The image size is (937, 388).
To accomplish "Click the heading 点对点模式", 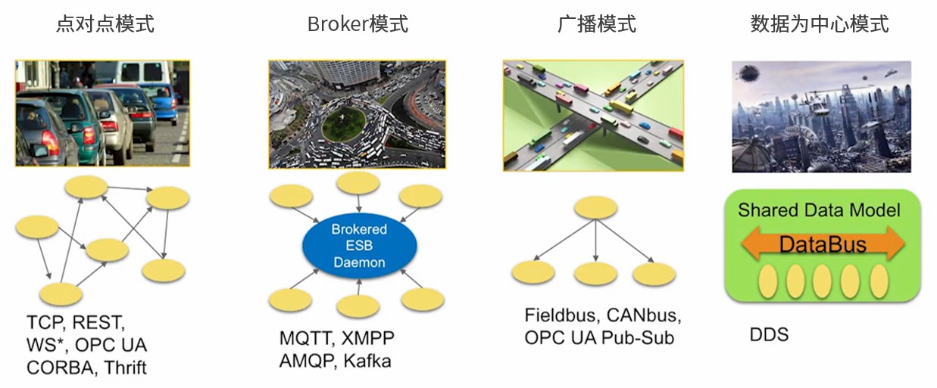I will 105,24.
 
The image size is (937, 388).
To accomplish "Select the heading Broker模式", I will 358,24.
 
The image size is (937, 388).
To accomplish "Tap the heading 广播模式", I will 596,24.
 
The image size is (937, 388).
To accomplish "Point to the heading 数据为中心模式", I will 819,24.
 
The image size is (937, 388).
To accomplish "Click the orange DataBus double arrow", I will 822,244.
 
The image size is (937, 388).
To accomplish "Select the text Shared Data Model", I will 819,210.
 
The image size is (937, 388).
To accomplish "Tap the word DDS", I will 769,334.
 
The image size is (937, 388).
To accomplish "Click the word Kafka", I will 367,361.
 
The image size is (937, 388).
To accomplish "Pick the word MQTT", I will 306,338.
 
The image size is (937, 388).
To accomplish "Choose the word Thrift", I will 125,368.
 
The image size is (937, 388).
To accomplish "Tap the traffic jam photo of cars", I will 102,113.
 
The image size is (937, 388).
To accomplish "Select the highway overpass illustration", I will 593,115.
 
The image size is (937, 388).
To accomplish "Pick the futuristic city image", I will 821,116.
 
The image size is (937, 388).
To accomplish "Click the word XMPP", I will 367,338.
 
